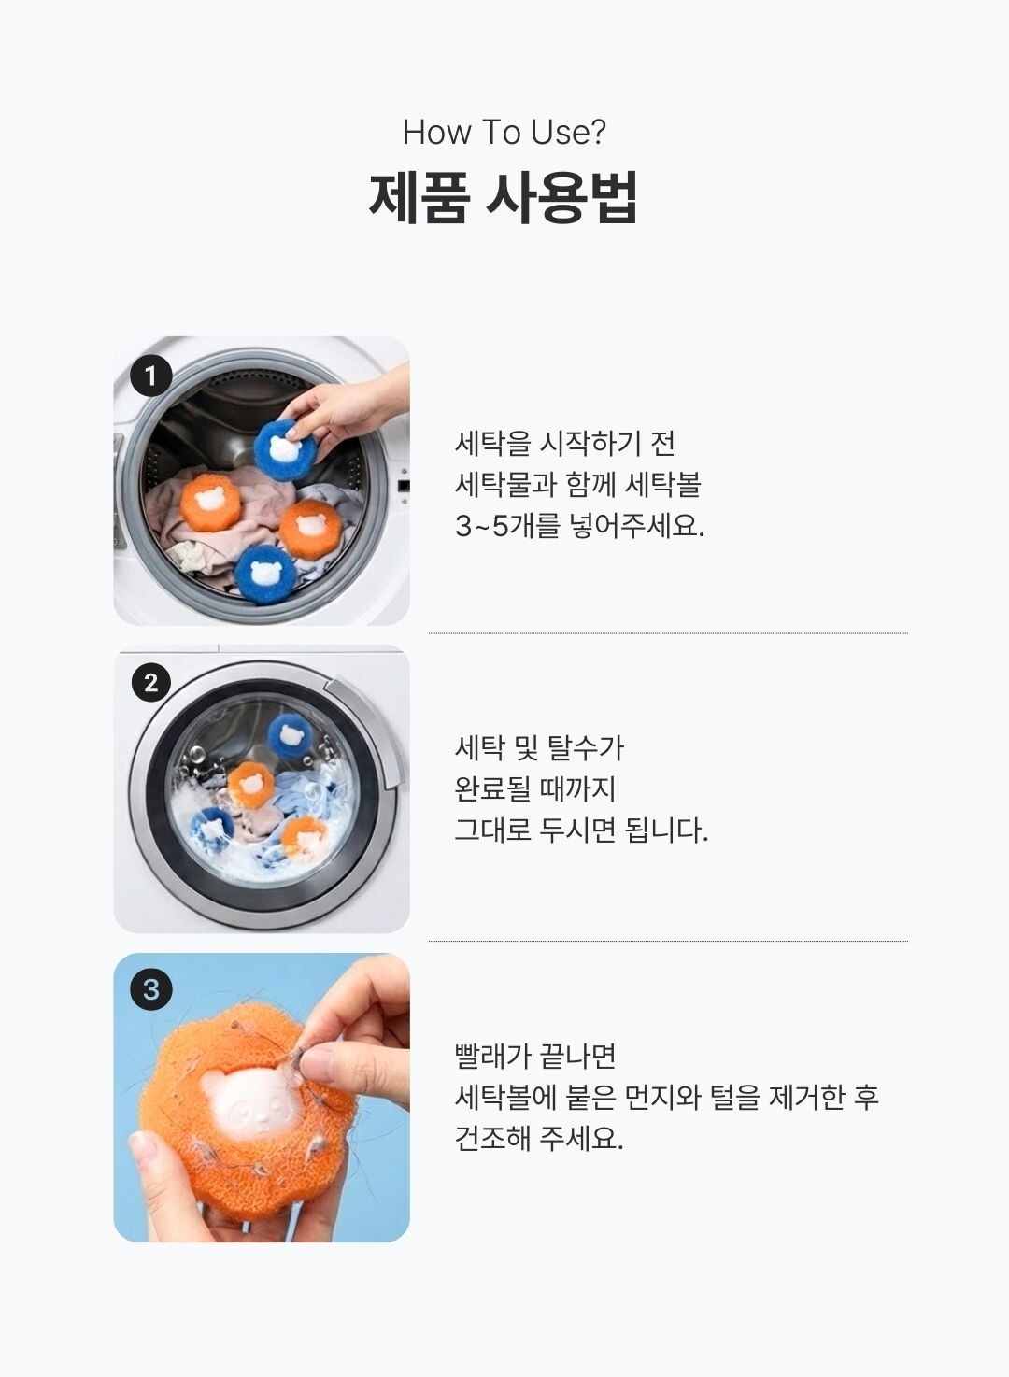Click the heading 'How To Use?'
coord(504,132)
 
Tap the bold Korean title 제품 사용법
coord(504,197)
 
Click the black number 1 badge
coord(150,376)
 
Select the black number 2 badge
coord(151,683)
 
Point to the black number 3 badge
coord(150,989)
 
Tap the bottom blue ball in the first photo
coord(265,575)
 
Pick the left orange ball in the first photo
coord(210,501)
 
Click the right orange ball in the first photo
coord(310,527)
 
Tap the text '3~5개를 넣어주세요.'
coord(579,526)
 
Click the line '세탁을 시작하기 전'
coord(564,443)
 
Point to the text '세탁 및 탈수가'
coord(539,748)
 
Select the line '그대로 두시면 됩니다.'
coord(581,830)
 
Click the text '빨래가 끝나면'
coord(535,1056)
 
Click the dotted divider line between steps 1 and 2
coord(668,633)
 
